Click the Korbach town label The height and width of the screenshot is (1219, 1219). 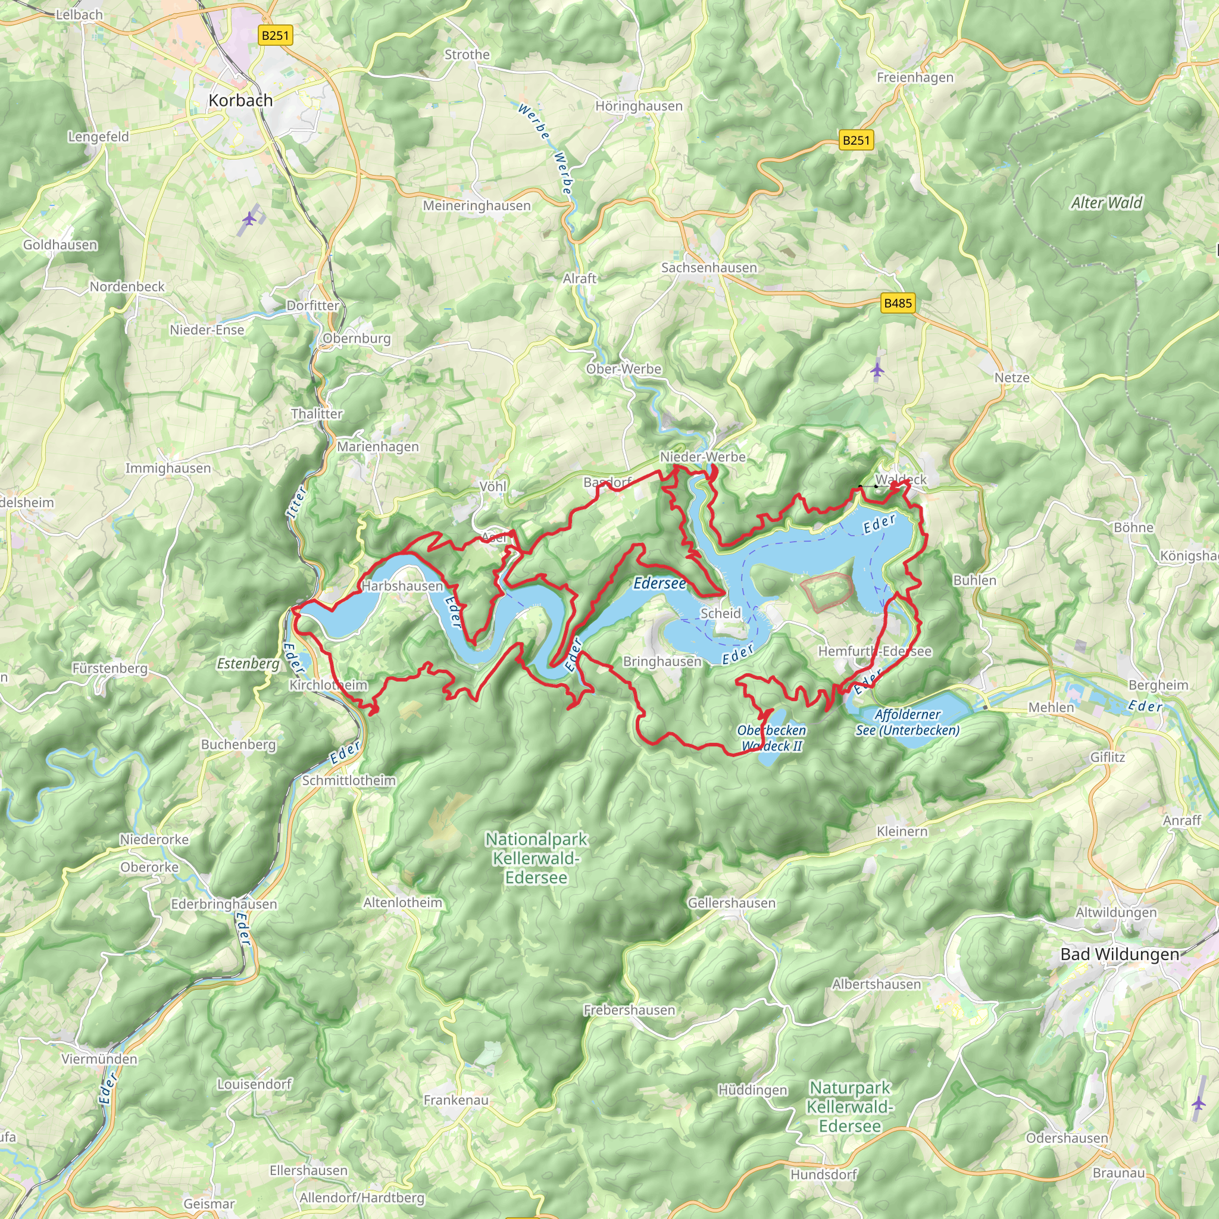coord(240,101)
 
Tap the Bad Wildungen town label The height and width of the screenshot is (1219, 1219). coord(1120,954)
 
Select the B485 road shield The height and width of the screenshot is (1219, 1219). coord(897,303)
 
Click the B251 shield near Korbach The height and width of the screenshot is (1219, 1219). coord(275,35)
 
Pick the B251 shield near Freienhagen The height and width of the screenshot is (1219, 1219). coord(856,140)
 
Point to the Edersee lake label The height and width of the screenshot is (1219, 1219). coord(659,583)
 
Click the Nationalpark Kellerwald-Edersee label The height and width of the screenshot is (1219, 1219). coord(536,858)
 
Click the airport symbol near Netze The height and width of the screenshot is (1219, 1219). coord(877,370)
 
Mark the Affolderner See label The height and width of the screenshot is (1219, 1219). coord(907,723)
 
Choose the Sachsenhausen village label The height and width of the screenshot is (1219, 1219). coord(708,267)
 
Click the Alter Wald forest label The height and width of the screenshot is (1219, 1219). coord(1106,202)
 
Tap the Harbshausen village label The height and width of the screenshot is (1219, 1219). coord(402,586)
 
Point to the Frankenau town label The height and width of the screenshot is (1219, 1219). coord(455,1101)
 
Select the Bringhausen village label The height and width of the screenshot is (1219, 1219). coord(662,661)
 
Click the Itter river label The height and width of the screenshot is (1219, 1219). coord(296,502)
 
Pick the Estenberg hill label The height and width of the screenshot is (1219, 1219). coord(248,663)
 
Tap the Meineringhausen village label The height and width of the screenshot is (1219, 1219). coord(476,206)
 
